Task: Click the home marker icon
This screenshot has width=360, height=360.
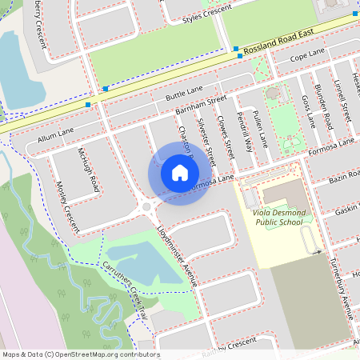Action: [180, 173]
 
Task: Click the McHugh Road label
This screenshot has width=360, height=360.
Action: [89, 170]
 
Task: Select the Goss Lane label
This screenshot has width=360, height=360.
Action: [306, 111]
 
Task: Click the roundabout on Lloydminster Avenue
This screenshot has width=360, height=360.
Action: [146, 209]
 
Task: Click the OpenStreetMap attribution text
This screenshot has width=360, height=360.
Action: [80, 354]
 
